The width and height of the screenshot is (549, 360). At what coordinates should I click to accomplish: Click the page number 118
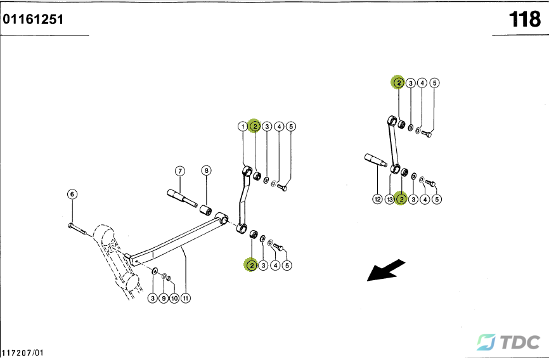[x=524, y=20]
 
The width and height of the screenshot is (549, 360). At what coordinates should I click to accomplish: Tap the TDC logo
[x=508, y=342]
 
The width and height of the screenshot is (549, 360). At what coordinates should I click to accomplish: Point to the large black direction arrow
[x=387, y=269]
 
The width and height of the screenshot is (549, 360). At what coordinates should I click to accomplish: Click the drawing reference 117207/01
[x=23, y=352]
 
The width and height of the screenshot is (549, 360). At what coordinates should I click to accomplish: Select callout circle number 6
[x=72, y=194]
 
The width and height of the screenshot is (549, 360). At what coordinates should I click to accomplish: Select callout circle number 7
[x=180, y=170]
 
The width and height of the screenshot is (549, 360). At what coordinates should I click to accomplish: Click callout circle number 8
[x=206, y=170]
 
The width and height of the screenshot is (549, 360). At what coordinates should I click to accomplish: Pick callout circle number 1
[x=242, y=127]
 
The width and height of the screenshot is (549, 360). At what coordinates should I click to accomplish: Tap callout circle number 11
[x=186, y=298]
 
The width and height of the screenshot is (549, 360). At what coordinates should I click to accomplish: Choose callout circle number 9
[x=164, y=298]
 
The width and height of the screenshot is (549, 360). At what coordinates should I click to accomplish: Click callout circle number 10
[x=174, y=298]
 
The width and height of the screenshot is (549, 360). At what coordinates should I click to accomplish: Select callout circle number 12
[x=377, y=200]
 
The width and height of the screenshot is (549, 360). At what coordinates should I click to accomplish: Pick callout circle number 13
[x=390, y=200]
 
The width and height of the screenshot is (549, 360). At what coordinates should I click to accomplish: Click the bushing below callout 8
[x=207, y=210]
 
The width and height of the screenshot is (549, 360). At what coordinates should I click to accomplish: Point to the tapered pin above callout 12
[x=375, y=160]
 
